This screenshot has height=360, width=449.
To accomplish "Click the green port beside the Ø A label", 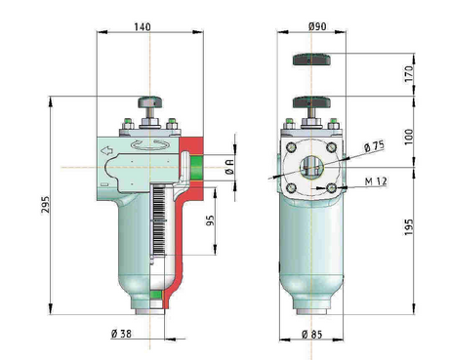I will (x=197, y=167).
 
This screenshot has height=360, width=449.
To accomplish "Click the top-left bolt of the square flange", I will (x=291, y=147).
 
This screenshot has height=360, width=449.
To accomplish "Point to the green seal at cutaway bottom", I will (x=153, y=294).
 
